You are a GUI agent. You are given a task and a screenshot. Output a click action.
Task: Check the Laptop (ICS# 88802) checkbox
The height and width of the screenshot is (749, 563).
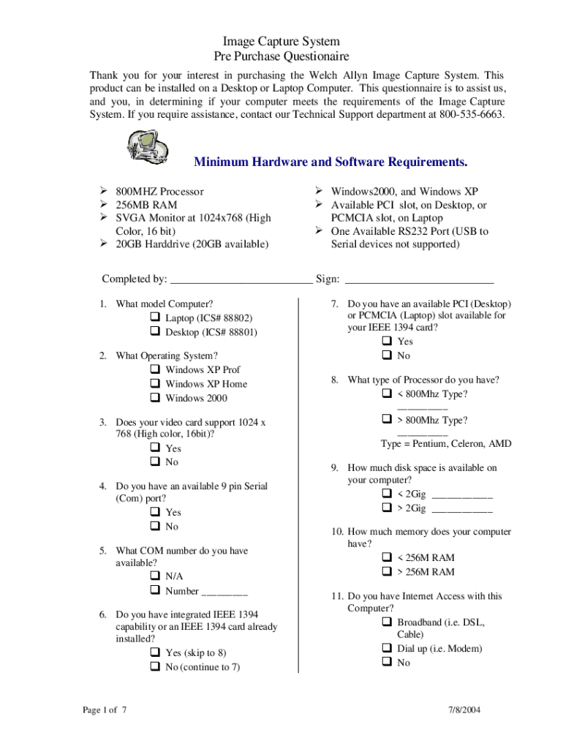click(155, 318)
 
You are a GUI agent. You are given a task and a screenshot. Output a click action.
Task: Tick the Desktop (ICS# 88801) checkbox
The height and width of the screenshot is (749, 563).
click(155, 332)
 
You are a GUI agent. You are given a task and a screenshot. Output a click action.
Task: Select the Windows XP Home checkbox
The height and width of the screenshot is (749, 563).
click(155, 384)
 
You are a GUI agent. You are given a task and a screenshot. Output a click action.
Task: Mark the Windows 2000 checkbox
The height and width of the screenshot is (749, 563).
click(155, 398)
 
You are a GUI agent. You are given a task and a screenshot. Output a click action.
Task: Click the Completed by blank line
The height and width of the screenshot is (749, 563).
click(241, 279)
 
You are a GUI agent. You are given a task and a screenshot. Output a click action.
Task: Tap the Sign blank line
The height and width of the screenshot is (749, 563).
click(419, 279)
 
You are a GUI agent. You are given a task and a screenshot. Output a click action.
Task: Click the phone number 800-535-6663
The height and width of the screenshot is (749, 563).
click(472, 115)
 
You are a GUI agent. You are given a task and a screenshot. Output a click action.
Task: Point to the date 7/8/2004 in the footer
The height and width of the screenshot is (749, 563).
click(464, 710)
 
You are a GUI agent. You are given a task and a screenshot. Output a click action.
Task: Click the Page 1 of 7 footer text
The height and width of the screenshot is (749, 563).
click(105, 710)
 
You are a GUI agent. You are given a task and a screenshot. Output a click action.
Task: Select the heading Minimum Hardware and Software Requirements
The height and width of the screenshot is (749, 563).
click(330, 162)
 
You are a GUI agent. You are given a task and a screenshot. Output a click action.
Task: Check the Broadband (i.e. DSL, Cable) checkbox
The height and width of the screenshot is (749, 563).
click(387, 622)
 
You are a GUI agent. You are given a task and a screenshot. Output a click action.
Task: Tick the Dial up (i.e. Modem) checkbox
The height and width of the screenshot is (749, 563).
click(387, 649)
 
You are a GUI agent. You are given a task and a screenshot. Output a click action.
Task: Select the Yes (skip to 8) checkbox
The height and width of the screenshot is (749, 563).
click(155, 652)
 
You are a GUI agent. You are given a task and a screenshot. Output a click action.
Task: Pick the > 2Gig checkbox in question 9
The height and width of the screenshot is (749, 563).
click(387, 508)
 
